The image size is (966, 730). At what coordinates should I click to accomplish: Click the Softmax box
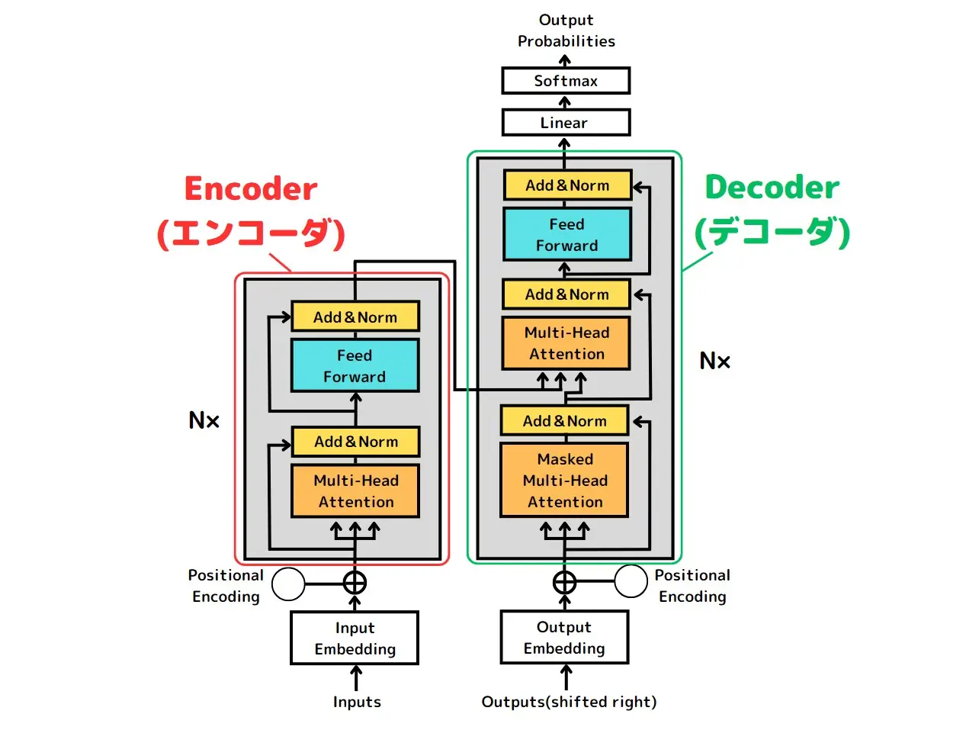click(x=566, y=81)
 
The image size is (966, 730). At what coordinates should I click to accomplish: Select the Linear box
click(x=566, y=122)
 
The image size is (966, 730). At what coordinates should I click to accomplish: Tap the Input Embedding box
click(x=355, y=638)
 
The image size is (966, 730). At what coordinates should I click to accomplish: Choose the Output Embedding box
click(x=564, y=637)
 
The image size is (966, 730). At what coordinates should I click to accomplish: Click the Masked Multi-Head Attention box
click(x=564, y=480)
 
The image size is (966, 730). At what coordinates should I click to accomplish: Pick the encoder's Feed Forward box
click(x=355, y=365)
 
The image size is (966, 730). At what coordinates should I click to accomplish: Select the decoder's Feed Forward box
click(x=567, y=235)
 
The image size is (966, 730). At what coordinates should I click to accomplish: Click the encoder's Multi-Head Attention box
click(x=355, y=490)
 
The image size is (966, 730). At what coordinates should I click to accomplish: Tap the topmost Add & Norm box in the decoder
click(x=568, y=185)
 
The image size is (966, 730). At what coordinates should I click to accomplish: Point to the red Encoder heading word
click(x=250, y=188)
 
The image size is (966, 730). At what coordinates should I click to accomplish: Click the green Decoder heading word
click(x=772, y=187)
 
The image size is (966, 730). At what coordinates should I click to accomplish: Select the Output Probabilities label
click(x=566, y=31)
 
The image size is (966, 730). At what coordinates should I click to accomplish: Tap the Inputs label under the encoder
click(x=357, y=702)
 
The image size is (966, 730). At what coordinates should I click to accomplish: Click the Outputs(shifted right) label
click(x=569, y=702)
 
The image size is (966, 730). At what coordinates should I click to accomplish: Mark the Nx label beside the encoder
click(x=204, y=420)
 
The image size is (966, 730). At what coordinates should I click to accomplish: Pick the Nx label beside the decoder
click(x=714, y=361)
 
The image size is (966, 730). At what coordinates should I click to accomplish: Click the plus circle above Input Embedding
click(x=355, y=584)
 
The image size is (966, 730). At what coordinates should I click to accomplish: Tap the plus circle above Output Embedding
click(x=565, y=582)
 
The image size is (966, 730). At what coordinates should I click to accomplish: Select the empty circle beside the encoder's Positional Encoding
click(x=288, y=584)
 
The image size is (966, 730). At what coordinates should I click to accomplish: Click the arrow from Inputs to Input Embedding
click(x=355, y=678)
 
